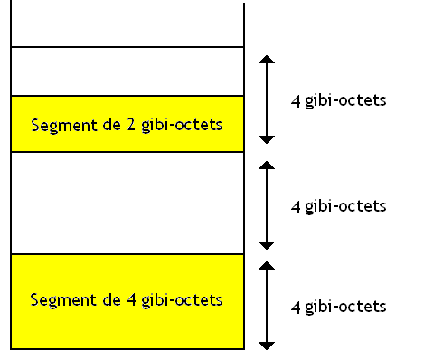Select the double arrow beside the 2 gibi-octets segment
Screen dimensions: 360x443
[266, 99]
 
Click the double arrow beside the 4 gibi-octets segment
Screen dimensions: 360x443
[266, 305]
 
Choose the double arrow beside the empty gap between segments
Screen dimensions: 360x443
[266, 205]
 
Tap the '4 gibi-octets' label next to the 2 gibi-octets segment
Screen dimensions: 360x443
[339, 100]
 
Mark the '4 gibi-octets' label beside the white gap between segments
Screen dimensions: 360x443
[339, 206]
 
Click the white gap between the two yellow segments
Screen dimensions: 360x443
[127, 203]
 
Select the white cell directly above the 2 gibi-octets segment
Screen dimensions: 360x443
[127, 71]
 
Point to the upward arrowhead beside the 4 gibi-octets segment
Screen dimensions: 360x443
[266, 266]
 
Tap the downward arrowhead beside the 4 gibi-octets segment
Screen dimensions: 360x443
[266, 344]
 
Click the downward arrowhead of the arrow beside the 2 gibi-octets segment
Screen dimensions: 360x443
[266, 138]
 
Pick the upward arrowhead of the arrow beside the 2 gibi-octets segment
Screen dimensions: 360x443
[266, 60]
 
